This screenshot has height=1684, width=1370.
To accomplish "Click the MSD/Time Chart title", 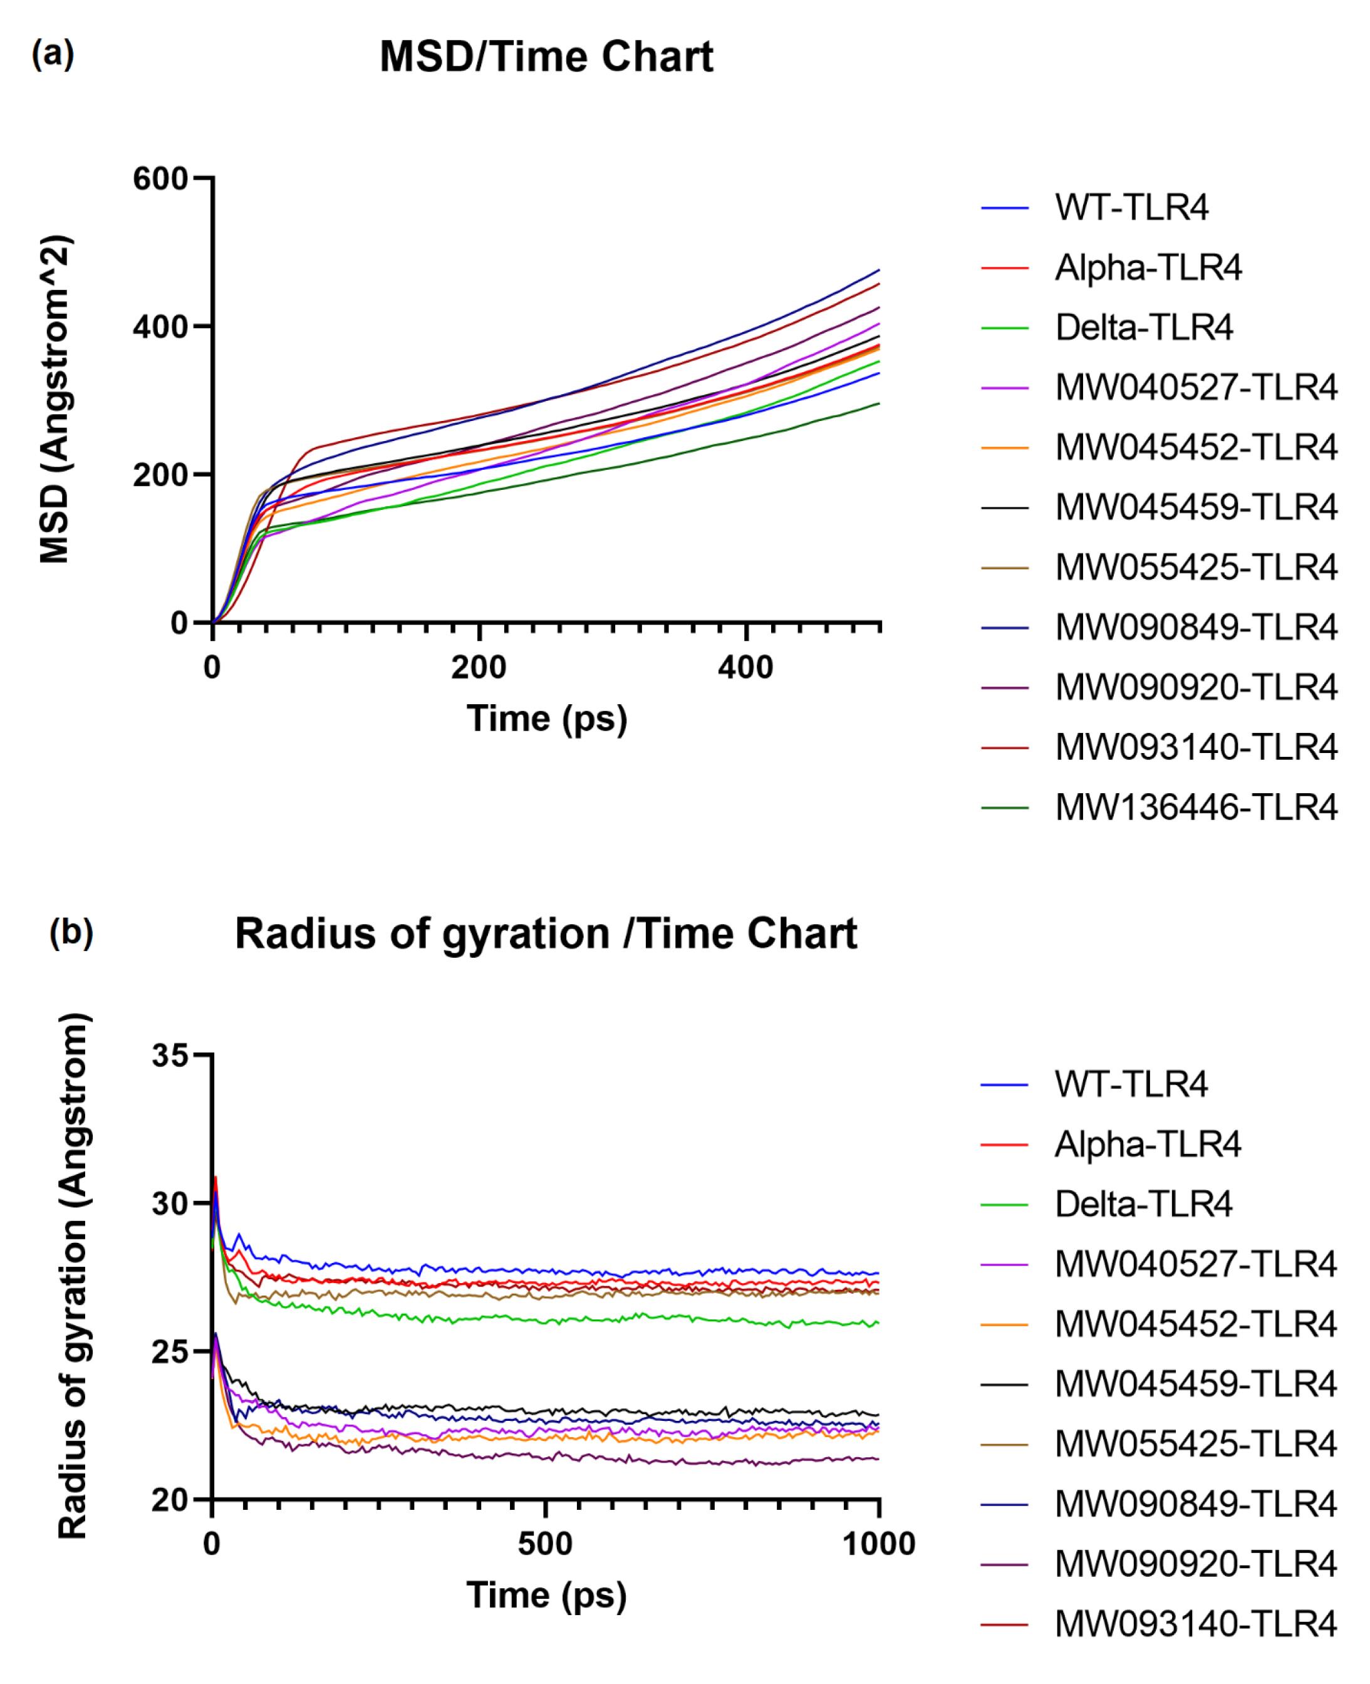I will coord(546,58).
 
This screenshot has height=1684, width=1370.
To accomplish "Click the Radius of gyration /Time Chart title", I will coord(546,933).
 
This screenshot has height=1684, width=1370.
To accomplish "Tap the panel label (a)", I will coord(53,55).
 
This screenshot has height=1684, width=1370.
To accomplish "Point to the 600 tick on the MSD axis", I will coord(160,179).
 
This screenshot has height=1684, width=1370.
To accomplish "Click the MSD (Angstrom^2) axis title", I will coord(55,399).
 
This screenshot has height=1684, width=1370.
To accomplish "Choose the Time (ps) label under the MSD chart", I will coord(546,718).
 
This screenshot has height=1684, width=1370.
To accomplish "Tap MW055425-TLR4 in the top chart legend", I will coord(1196,568).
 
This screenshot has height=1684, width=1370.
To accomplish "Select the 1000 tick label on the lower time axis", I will coord(878,1544).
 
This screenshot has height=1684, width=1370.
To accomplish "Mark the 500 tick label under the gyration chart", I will coord(546,1544).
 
